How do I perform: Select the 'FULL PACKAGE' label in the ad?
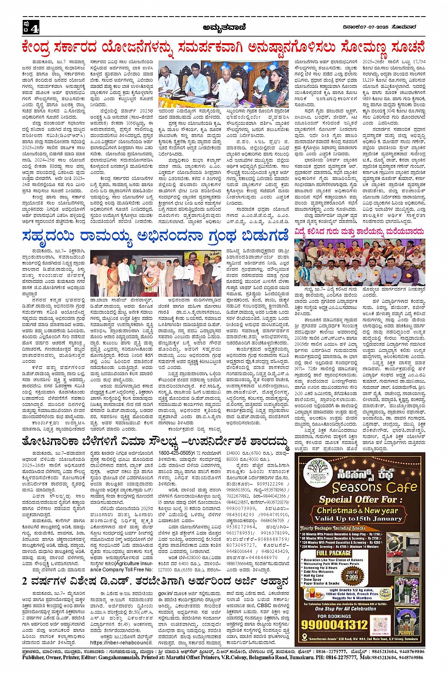pyautogui.click(x=334, y=553)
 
